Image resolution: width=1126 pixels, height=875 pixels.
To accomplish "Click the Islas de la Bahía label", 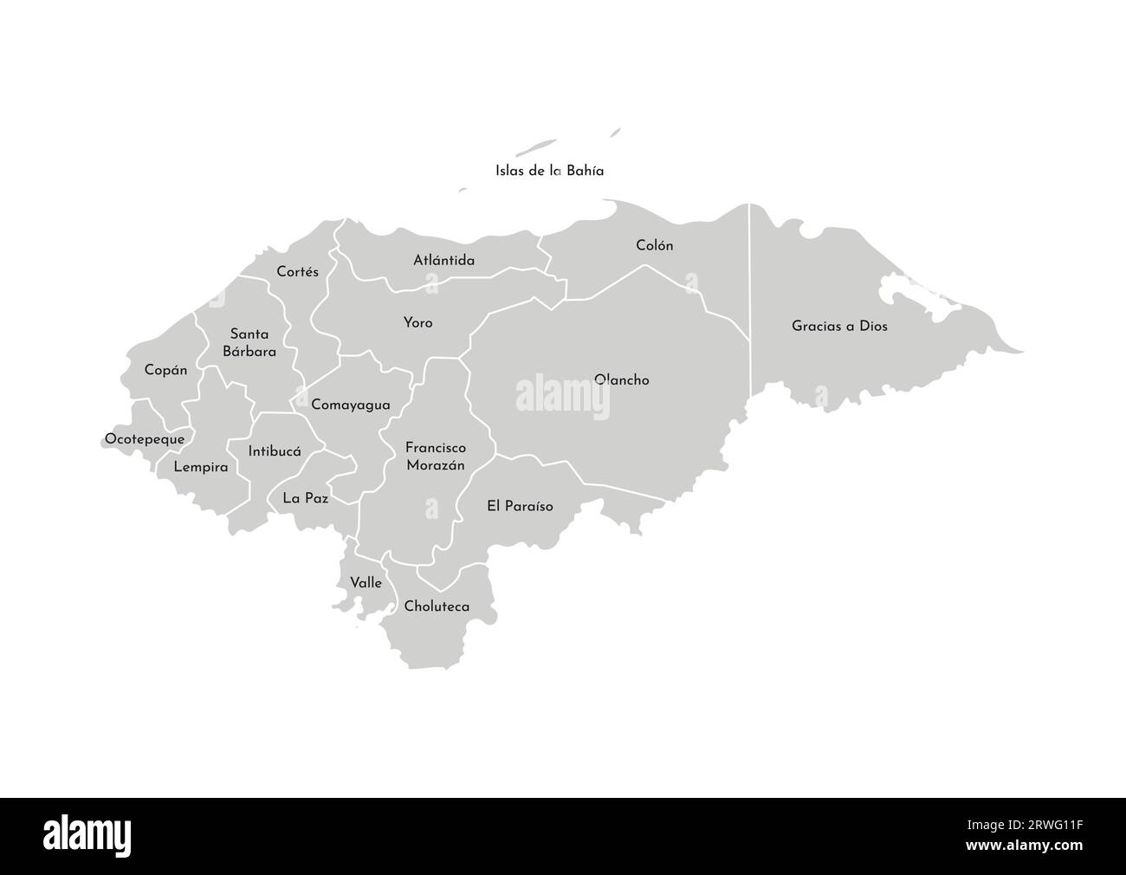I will click(549, 171).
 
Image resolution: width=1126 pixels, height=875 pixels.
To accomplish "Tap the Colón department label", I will click(654, 245).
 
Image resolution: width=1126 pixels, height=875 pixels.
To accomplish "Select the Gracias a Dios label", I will click(839, 327).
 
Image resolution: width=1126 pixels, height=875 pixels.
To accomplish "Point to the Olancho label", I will click(622, 379).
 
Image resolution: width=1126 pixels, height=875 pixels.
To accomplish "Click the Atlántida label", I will click(443, 260).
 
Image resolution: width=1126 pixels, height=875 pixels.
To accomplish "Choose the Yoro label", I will click(417, 322).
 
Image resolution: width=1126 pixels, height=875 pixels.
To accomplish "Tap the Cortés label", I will click(297, 271).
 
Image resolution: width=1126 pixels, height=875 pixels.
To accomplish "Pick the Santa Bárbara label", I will click(249, 342).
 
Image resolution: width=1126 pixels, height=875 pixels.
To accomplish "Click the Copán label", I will click(165, 370).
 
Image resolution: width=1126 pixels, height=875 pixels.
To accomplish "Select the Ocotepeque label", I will click(145, 439).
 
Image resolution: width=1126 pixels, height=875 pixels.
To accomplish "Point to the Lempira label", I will click(201, 467).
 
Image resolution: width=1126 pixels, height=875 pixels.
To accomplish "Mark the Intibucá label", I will click(274, 451).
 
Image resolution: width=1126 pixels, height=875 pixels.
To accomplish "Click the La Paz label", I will click(305, 498).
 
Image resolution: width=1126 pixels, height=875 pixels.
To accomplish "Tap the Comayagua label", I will click(350, 405).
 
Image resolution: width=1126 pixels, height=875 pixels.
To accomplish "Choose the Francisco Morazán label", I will click(436, 457).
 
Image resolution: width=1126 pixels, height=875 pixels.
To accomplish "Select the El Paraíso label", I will click(520, 506).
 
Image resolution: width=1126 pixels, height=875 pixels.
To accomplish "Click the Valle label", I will click(366, 583).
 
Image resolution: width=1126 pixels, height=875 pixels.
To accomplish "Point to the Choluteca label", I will click(437, 606).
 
